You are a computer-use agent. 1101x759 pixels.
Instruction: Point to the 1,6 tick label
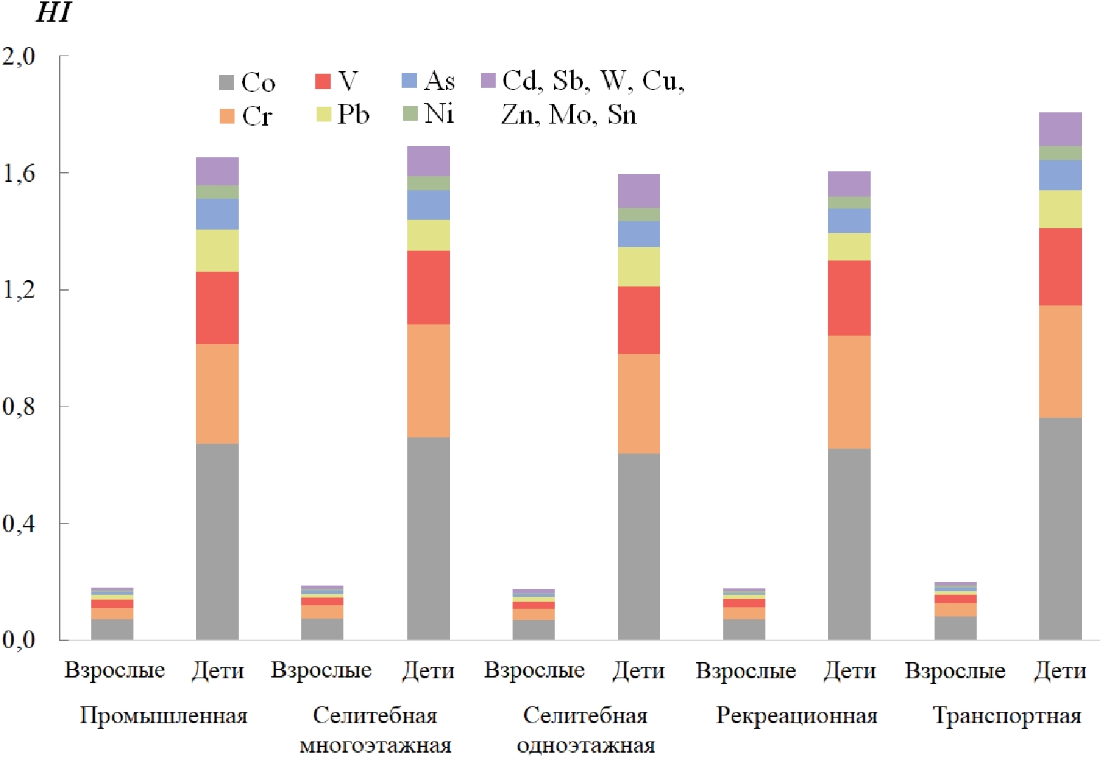tap(19, 173)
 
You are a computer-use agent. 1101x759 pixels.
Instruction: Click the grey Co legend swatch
tap(226, 83)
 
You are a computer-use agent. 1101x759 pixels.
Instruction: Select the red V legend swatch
tap(323, 81)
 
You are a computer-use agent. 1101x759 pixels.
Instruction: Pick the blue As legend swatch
tap(409, 81)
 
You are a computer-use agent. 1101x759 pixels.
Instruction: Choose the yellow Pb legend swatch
tap(324, 114)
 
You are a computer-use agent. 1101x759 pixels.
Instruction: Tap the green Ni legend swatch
tap(410, 113)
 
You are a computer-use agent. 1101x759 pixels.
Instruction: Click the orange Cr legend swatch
tap(227, 117)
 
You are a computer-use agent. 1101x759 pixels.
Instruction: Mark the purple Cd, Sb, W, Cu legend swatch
tap(488, 81)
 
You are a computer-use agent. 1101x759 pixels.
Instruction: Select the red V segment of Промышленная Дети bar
tap(217, 308)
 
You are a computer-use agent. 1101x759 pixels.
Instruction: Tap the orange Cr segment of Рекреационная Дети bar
tap(849, 392)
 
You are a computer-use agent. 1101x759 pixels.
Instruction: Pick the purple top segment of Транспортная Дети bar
tap(1060, 129)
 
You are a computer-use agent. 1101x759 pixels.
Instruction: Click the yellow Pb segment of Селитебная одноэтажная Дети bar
tap(638, 267)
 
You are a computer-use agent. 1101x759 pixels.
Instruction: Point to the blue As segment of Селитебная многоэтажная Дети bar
tap(428, 205)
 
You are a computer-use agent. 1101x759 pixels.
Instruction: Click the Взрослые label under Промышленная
tap(114, 671)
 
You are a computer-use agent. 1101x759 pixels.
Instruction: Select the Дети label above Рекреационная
tap(850, 671)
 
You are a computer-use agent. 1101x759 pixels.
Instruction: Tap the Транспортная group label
tap(1007, 716)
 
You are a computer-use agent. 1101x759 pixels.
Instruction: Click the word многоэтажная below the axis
tap(375, 746)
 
